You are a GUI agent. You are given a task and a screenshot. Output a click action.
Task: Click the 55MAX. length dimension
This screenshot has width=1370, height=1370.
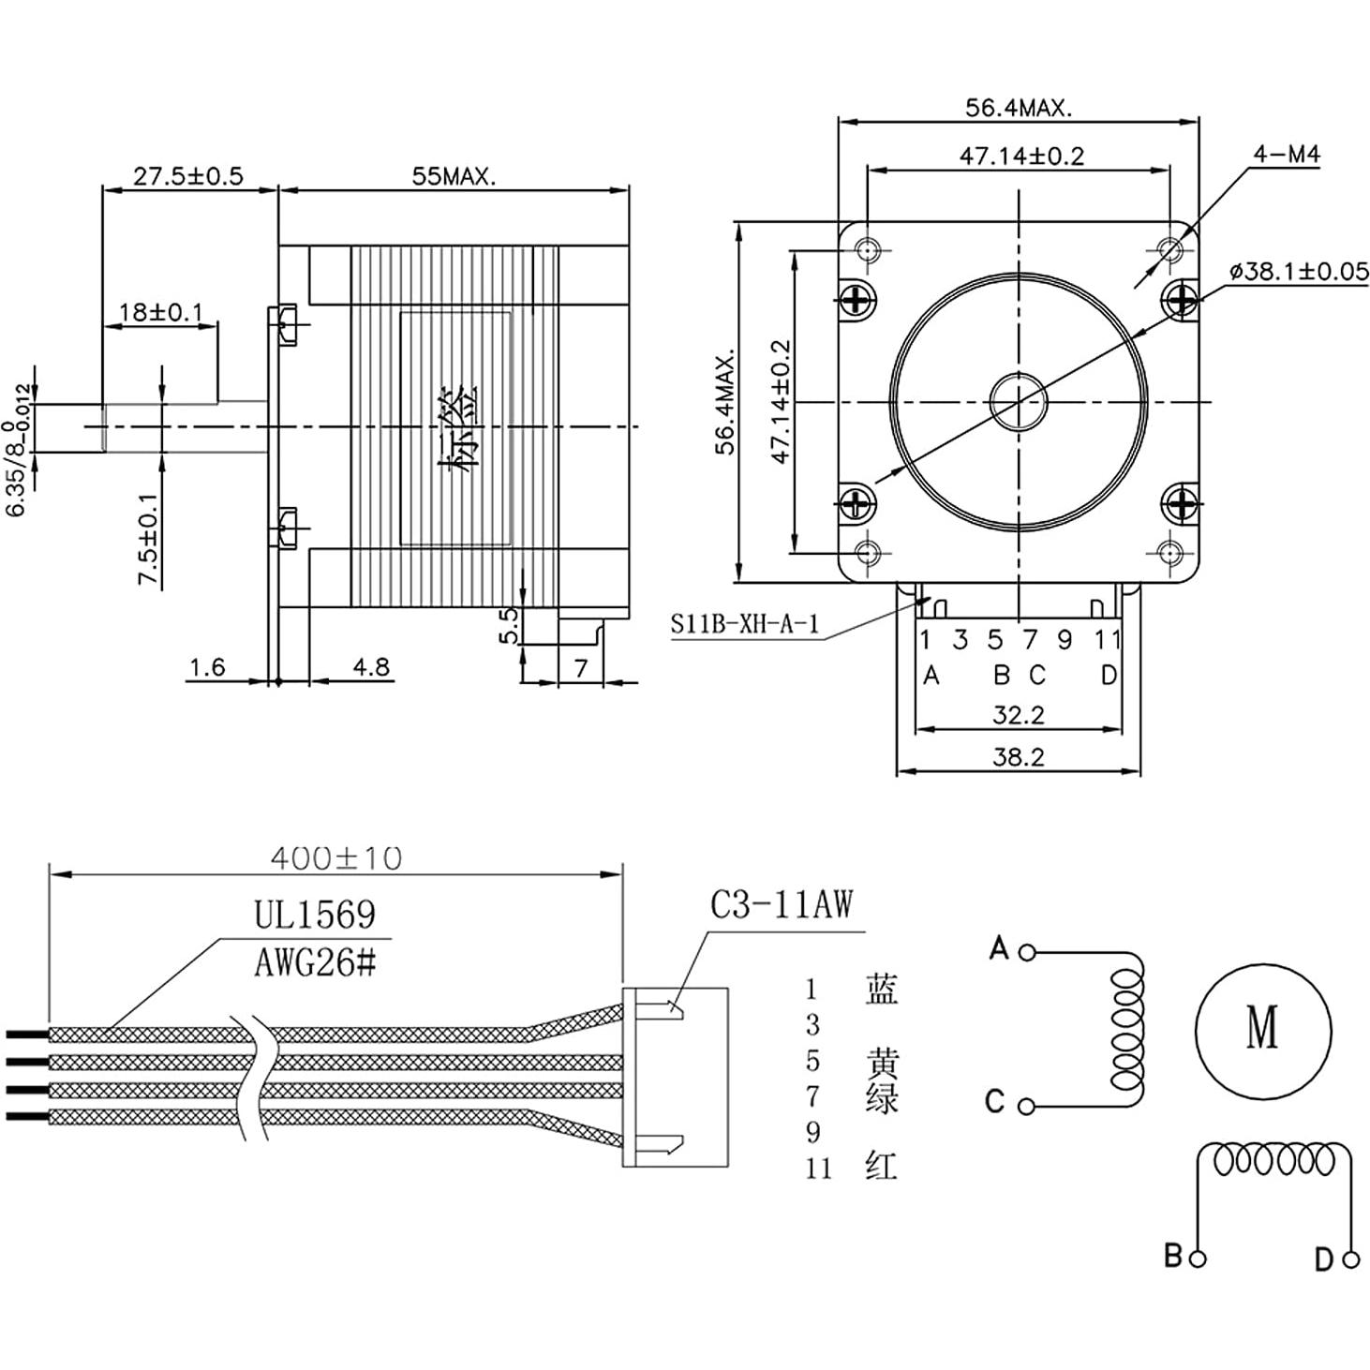click(454, 176)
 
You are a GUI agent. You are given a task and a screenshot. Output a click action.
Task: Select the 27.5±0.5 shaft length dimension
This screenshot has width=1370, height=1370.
click(187, 176)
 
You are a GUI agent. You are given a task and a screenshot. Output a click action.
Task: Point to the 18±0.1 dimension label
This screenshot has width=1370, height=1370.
click(161, 311)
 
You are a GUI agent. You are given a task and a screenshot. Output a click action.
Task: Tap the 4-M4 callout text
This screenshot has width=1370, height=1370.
click(1287, 154)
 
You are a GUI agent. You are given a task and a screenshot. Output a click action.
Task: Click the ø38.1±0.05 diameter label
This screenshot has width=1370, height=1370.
click(1298, 272)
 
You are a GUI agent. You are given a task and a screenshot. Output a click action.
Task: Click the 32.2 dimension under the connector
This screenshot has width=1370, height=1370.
click(1018, 715)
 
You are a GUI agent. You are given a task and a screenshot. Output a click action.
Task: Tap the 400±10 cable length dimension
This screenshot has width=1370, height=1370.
click(335, 857)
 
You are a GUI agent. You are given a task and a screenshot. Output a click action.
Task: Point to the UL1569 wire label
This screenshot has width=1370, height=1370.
click(315, 915)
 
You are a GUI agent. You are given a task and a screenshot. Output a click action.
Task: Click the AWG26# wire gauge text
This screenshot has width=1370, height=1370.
click(315, 962)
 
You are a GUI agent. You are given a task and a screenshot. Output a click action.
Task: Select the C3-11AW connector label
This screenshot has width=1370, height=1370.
click(782, 905)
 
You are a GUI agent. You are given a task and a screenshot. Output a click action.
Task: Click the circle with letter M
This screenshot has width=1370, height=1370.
click(1263, 1029)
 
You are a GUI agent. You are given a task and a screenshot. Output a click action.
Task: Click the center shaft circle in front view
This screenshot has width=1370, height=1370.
click(1018, 401)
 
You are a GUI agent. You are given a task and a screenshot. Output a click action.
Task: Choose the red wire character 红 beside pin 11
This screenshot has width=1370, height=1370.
click(881, 1167)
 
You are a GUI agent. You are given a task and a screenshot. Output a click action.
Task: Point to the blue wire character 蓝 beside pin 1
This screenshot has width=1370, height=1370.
click(881, 990)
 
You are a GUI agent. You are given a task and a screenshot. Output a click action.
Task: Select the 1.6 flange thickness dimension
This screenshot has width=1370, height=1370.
click(207, 667)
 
